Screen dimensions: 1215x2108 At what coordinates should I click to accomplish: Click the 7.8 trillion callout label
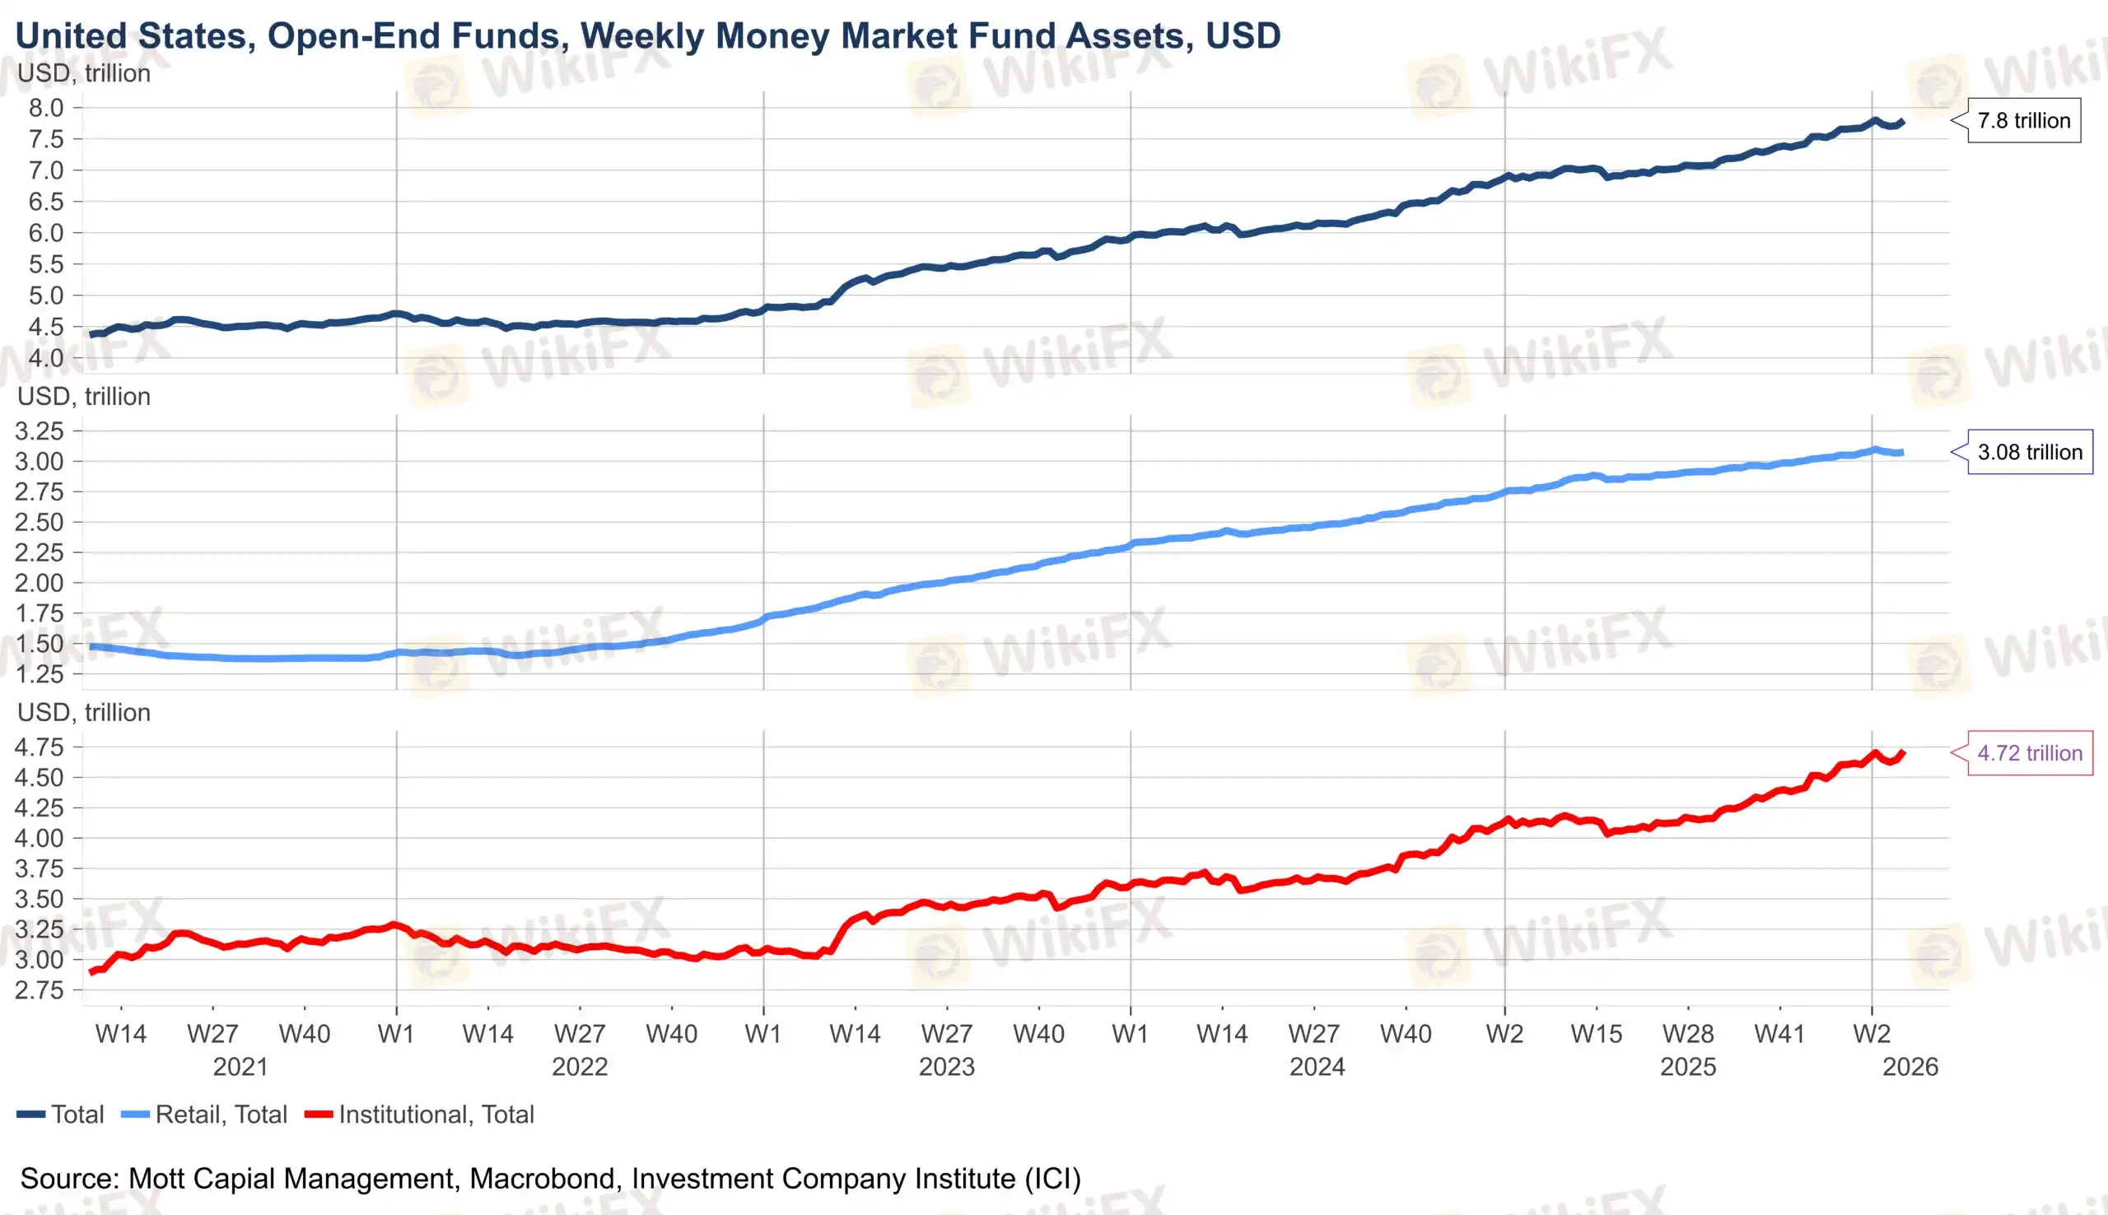[2023, 121]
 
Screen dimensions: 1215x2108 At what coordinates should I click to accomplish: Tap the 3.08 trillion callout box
[2029, 452]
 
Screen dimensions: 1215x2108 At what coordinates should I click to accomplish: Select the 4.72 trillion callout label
[2029, 753]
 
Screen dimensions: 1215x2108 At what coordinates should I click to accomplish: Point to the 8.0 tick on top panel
[46, 108]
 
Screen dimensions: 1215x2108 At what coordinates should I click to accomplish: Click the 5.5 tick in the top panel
[46, 264]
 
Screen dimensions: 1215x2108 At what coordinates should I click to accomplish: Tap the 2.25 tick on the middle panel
[40, 552]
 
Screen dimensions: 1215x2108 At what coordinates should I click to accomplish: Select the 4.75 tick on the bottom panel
[40, 747]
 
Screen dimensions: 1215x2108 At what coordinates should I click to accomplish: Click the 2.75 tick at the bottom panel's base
[40, 990]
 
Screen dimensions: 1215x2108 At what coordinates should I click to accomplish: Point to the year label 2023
[946, 1067]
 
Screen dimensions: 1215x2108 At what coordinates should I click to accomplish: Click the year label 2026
[1910, 1067]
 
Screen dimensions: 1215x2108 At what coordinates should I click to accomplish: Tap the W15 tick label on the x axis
[1596, 1034]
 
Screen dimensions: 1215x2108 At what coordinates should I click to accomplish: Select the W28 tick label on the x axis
[1687, 1034]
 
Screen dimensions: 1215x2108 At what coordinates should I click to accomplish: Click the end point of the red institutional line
[1903, 752]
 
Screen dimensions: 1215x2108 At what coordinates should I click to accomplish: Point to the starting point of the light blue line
[91, 647]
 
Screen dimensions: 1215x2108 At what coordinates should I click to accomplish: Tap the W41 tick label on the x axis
[1779, 1034]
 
